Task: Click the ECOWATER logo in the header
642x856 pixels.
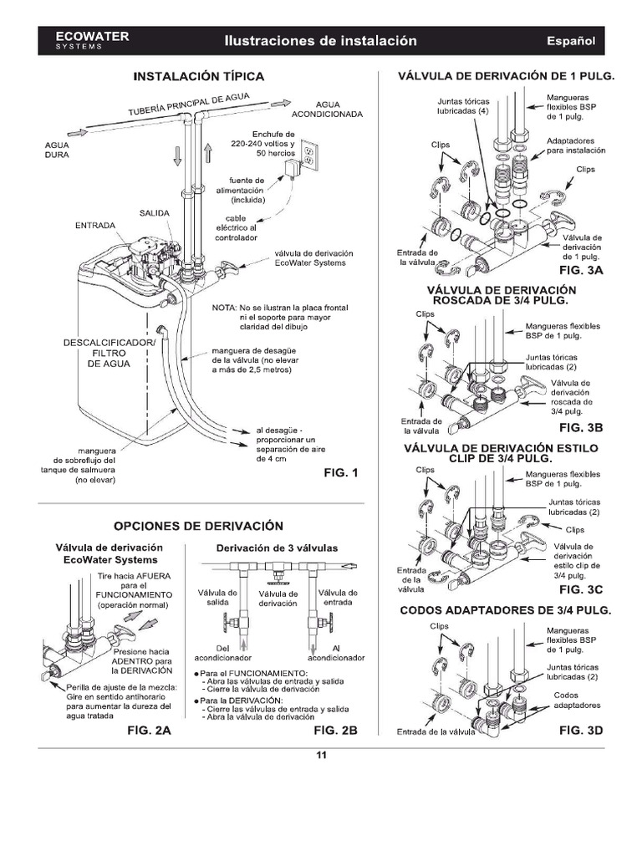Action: click(x=79, y=39)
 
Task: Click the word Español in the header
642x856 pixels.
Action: click(x=570, y=40)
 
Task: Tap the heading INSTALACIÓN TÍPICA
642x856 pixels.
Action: click(x=199, y=76)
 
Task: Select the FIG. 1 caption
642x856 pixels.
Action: click(x=340, y=474)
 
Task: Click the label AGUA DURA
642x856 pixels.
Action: click(x=57, y=150)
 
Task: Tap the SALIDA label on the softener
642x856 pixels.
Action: click(x=155, y=214)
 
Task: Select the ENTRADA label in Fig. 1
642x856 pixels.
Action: click(x=95, y=225)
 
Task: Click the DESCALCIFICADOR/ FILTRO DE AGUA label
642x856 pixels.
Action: click(x=110, y=353)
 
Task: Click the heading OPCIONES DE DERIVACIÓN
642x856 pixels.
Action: click(x=198, y=526)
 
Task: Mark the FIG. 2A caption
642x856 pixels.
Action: click(x=149, y=730)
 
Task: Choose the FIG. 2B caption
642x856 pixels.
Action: click(x=335, y=730)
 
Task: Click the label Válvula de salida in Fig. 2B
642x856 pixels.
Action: click(x=218, y=598)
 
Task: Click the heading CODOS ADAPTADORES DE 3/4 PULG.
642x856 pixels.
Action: click(x=506, y=610)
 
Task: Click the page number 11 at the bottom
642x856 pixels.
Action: click(x=321, y=757)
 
